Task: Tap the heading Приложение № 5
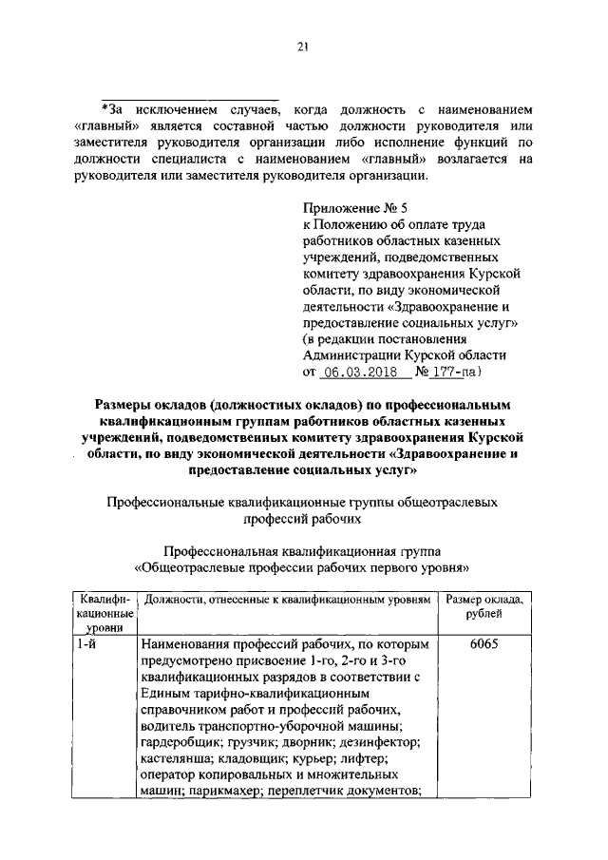350,206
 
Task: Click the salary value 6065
483,643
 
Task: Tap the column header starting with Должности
285,600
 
